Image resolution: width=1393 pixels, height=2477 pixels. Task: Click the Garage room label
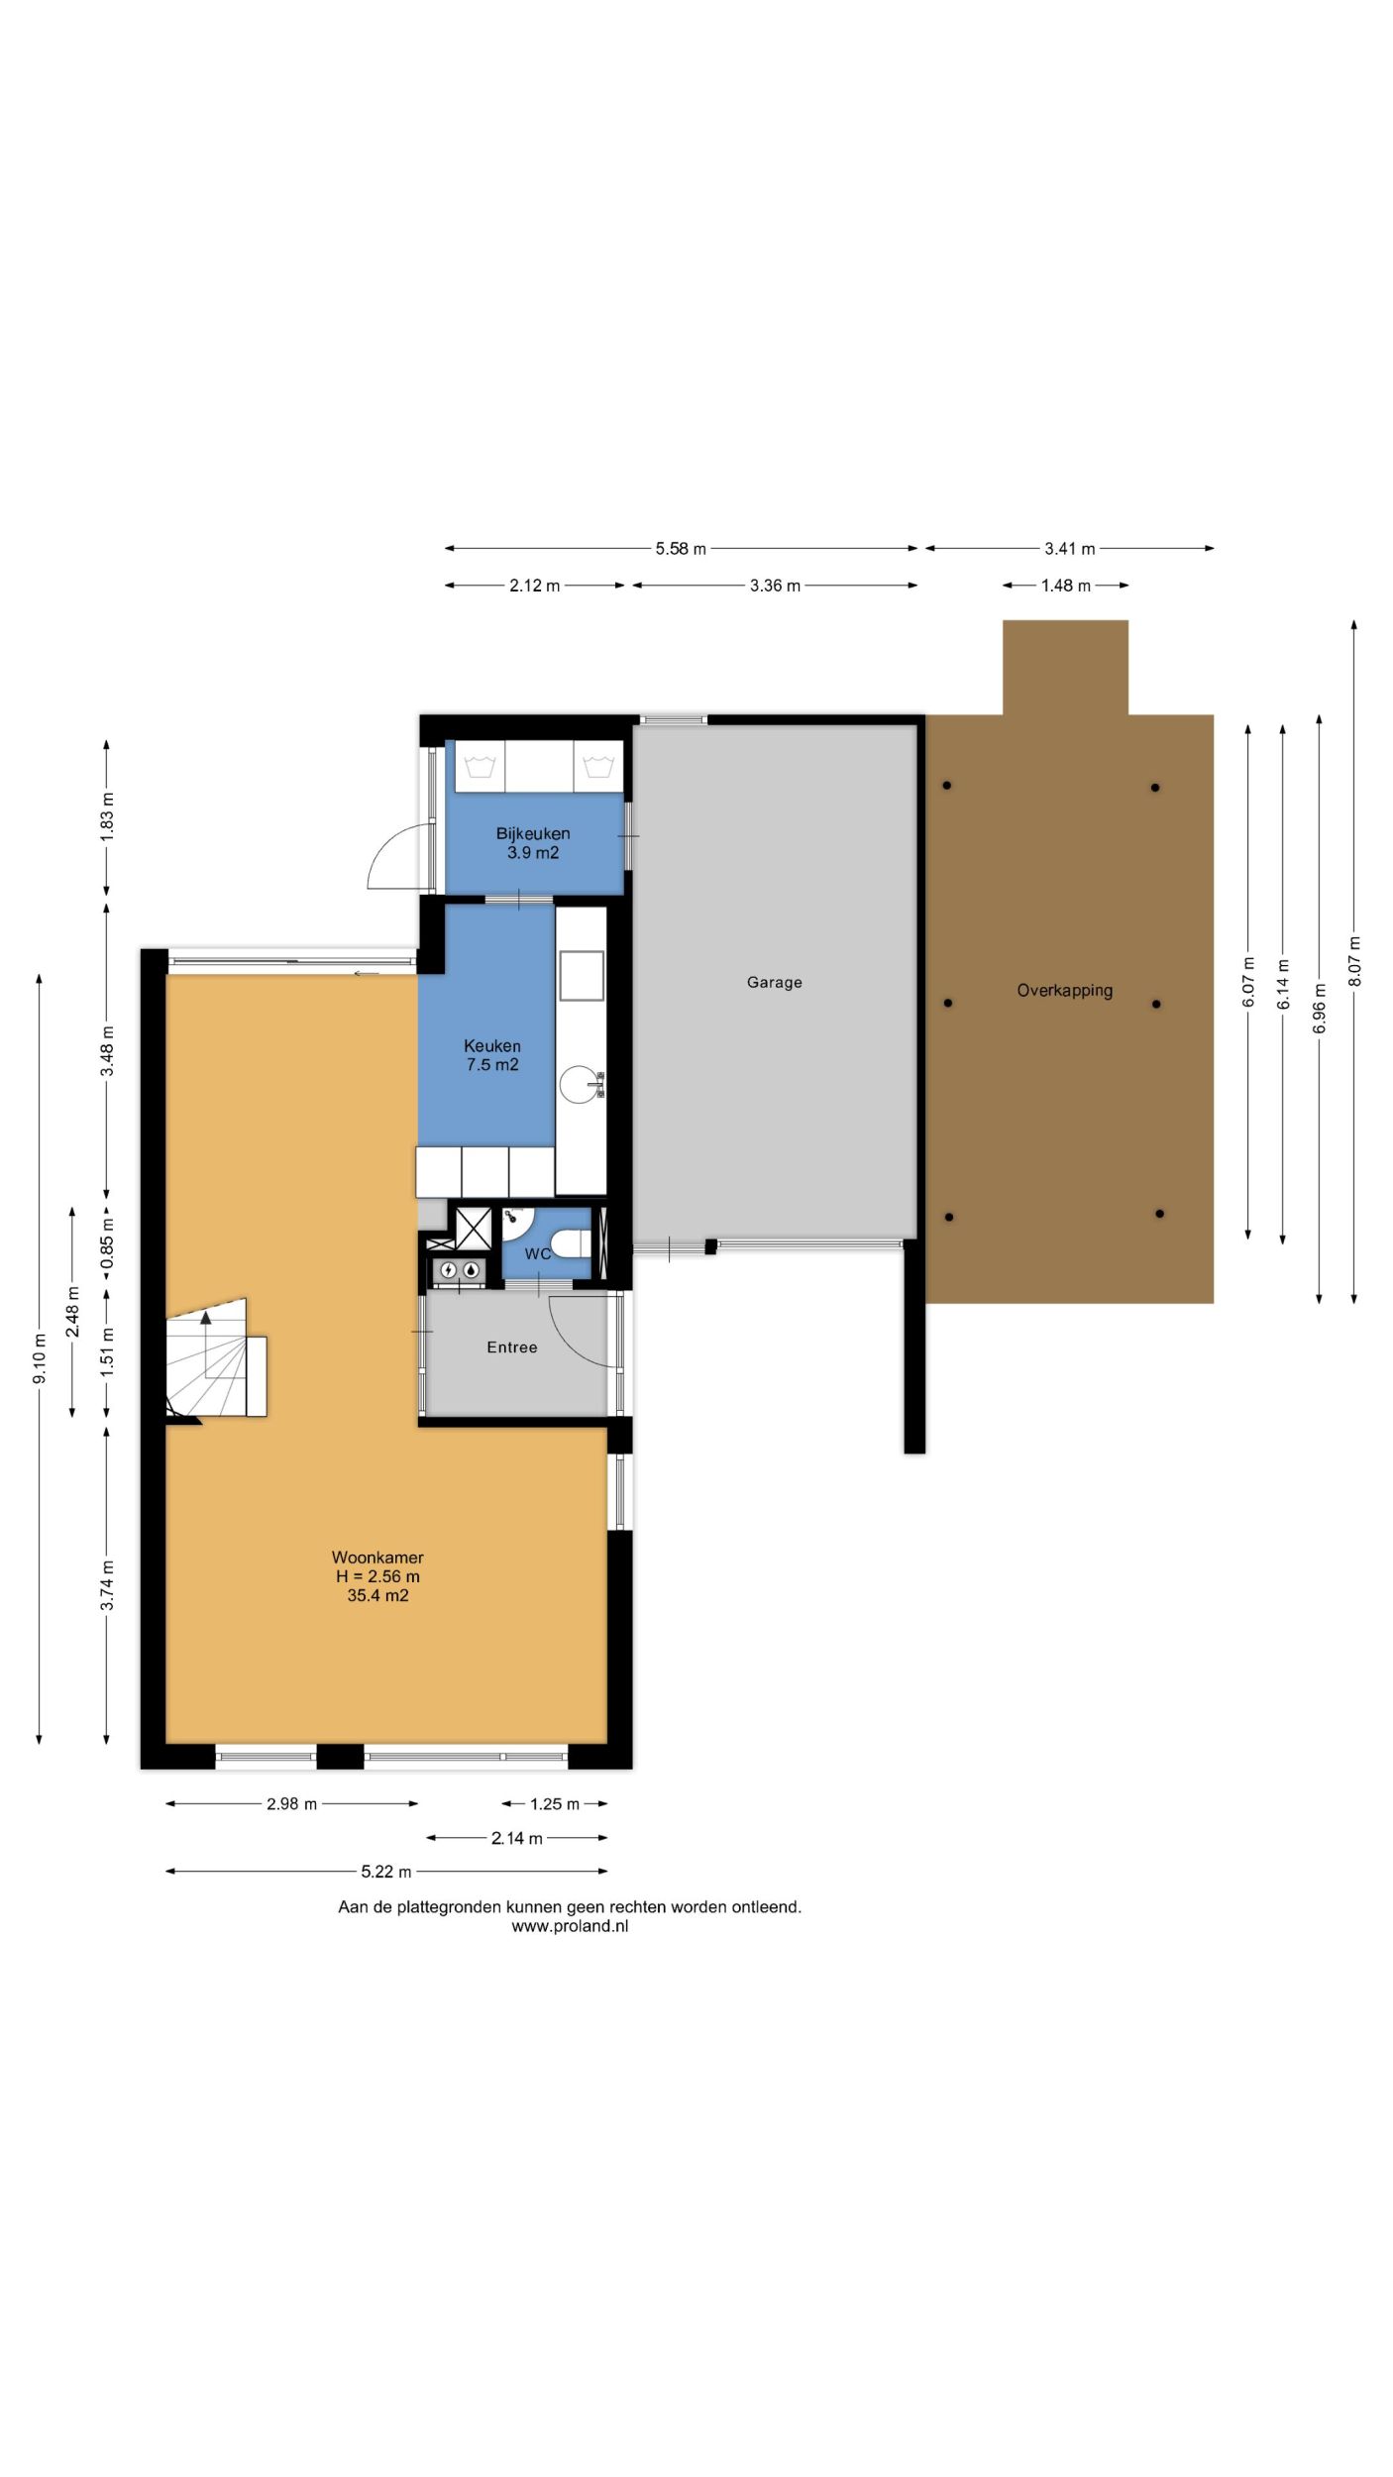point(774,982)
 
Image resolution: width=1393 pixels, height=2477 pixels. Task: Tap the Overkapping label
point(1064,991)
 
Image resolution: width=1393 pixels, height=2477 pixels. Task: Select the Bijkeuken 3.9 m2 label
point(533,843)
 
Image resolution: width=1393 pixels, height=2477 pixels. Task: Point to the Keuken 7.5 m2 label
point(492,1055)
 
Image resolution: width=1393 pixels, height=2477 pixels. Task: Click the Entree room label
point(512,1347)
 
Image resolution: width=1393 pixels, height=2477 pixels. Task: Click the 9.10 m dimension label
point(40,1360)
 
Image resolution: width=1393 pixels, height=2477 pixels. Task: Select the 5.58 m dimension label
point(681,549)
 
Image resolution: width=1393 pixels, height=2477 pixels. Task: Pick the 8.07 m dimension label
point(1354,961)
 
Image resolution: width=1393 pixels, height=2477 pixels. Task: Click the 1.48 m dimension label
point(1065,586)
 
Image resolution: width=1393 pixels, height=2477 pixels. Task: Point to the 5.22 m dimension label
point(386,1872)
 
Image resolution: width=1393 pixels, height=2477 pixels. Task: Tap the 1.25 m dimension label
point(555,1804)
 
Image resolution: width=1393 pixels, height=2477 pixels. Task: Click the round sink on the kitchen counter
point(580,1084)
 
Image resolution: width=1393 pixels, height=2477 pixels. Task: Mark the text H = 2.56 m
point(377,1576)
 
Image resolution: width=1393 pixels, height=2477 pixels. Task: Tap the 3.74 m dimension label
point(107,1585)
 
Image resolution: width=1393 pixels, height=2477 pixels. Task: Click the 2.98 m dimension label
point(291,1804)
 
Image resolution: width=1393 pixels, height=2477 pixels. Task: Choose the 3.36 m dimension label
point(775,586)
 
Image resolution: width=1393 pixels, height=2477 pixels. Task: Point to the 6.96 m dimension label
point(1319,1009)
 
